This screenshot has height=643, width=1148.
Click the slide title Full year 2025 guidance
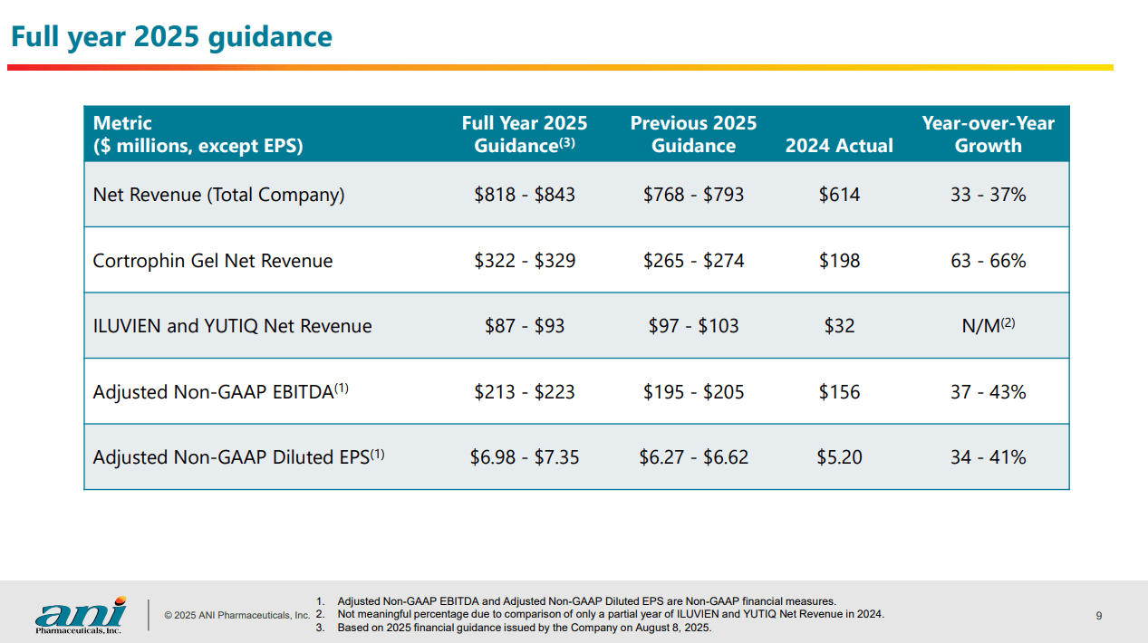pos(171,37)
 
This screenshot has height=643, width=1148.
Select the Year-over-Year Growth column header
pos(988,134)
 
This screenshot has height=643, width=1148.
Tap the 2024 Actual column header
pos(839,146)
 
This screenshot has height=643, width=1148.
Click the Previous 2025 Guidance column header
pos(693,134)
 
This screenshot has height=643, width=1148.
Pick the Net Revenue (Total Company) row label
pos(218,195)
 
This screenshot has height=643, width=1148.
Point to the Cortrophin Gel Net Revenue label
pos(213,261)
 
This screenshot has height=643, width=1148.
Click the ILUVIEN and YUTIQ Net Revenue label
pos(232,326)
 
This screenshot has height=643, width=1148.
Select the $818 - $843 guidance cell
pos(524,195)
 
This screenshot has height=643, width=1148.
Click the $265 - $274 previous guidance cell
pos(693,261)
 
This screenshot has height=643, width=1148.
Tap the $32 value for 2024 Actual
pos(839,326)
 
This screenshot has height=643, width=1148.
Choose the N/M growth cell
pos(988,325)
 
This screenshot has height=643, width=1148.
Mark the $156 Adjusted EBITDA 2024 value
pos(839,392)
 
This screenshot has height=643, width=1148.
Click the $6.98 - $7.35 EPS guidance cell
pos(524,457)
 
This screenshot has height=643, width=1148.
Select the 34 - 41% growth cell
pos(988,457)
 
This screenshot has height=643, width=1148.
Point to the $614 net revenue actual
pos(839,195)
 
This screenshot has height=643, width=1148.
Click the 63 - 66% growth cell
pos(988,261)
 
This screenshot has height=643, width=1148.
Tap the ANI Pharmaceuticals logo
pos(80,615)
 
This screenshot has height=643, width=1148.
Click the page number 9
pos(1099,616)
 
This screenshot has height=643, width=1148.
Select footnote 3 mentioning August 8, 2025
pos(524,628)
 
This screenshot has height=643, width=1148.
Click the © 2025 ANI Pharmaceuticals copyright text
pos(236,616)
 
